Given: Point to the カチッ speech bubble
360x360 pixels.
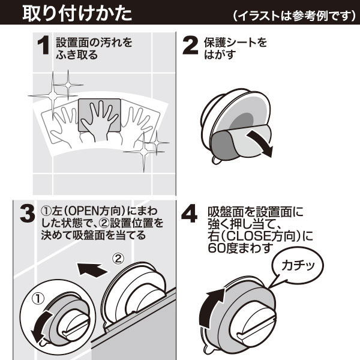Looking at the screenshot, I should point(298,263).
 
